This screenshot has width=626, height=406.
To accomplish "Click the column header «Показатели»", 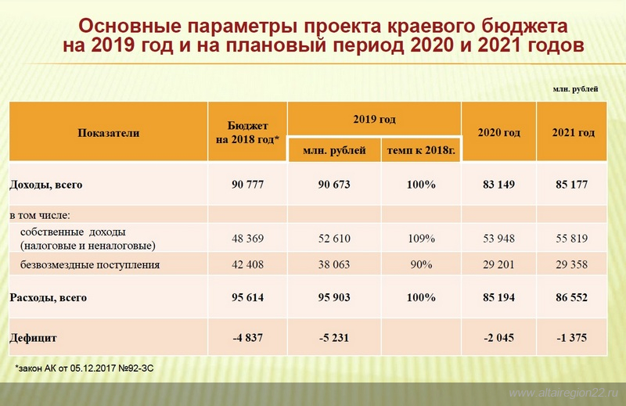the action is click(x=109, y=133).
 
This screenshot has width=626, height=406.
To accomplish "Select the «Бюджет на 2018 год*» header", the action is click(x=247, y=132).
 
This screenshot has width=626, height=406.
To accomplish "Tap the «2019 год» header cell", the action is click(x=375, y=119).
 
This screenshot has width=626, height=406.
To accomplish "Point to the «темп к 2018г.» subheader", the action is click(x=421, y=150).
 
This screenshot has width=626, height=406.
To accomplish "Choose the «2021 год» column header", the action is click(x=574, y=132).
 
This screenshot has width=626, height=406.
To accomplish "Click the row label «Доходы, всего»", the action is click(x=46, y=185).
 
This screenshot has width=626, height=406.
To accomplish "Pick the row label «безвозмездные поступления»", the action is click(x=90, y=264).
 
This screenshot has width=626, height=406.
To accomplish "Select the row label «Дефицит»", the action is click(x=33, y=338).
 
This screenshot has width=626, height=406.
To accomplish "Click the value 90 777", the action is click(x=247, y=185).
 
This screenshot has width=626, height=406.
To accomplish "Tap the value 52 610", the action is click(x=334, y=239).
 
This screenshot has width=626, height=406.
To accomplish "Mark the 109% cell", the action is click(x=421, y=239).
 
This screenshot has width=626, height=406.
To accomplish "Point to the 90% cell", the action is click(x=421, y=264).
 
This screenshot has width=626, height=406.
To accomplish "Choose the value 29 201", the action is click(x=498, y=264).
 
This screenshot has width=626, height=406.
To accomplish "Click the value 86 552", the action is click(x=572, y=297).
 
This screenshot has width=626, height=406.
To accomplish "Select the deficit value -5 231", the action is click(x=334, y=338).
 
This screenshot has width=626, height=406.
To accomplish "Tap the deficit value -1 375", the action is click(x=572, y=338).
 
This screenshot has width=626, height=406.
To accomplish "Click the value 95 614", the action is click(x=247, y=297).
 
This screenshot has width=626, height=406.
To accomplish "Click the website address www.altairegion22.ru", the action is click(x=563, y=393).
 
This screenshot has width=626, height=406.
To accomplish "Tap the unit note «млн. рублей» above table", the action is click(x=575, y=89).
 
